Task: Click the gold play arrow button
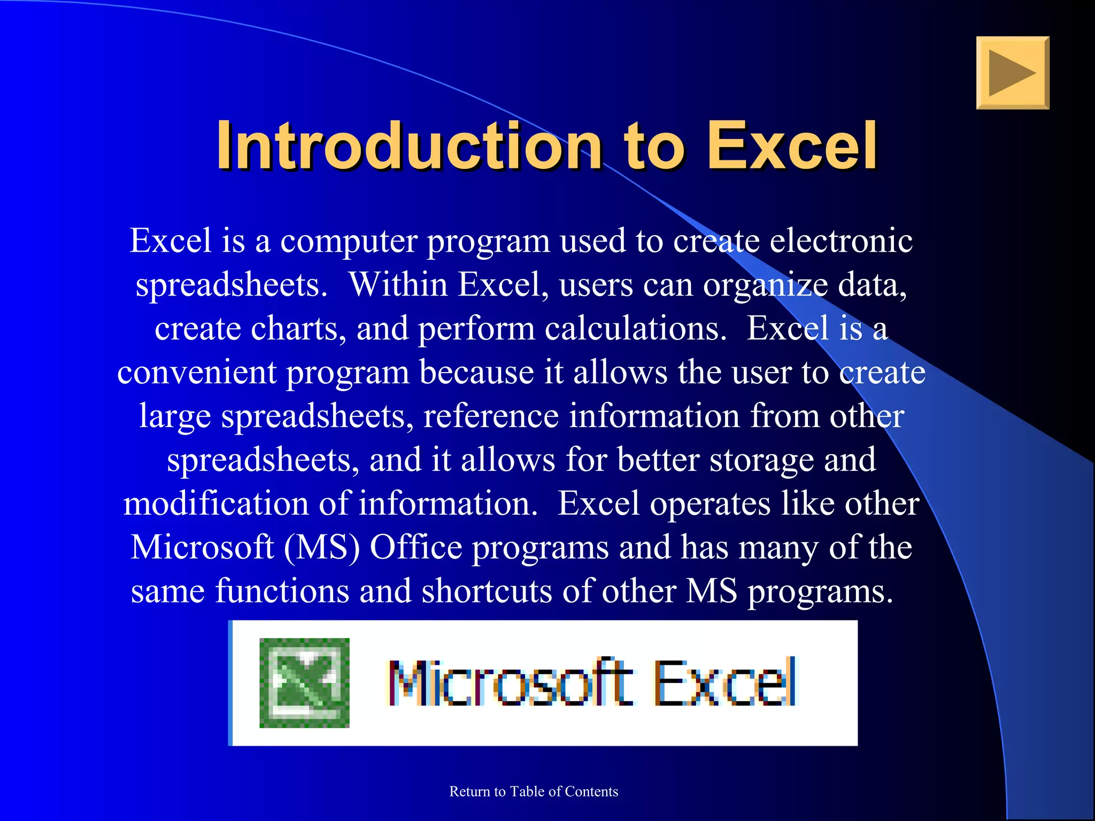tap(1012, 73)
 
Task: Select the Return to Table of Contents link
tap(534, 792)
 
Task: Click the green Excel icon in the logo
tap(304, 683)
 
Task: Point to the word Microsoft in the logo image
tap(511, 683)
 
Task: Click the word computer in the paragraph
tap(349, 242)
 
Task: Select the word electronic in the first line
tap(840, 241)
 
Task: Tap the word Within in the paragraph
tap(398, 284)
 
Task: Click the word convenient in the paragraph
tap(196, 372)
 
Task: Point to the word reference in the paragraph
tap(491, 416)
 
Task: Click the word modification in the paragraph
tap(216, 504)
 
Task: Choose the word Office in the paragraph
tap(416, 547)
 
